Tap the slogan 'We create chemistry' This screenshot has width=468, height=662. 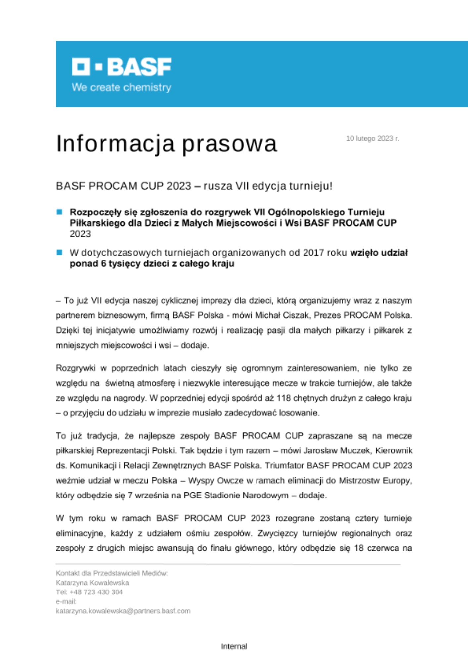coord(122,87)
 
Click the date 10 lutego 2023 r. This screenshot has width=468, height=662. coord(372,138)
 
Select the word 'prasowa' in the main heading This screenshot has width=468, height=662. coord(230,144)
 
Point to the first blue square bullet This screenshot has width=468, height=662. coord(60,212)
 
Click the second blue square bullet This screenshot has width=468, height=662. coord(60,253)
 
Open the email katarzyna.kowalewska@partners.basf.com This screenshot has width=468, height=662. coord(123,611)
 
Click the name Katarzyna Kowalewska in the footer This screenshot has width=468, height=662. coord(92,583)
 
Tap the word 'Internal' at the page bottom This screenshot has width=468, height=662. coord(234,646)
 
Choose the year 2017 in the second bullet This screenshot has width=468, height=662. coord(313,253)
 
